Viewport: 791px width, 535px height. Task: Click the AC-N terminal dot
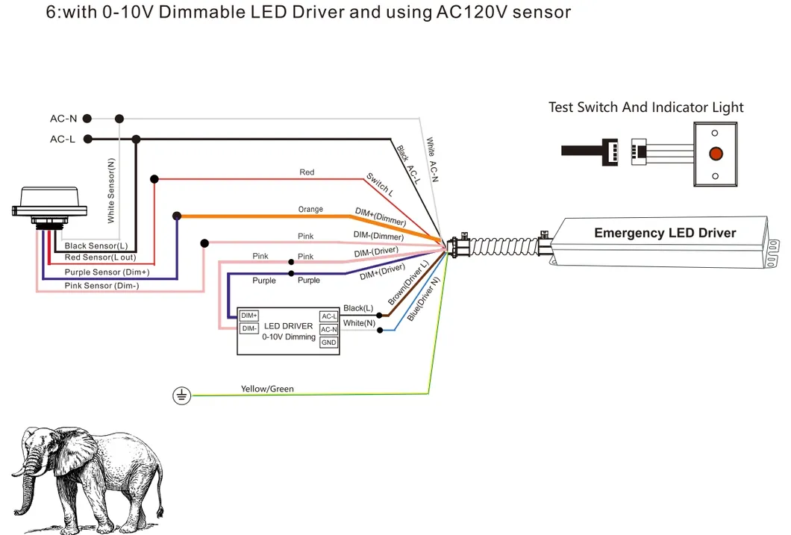point(87,119)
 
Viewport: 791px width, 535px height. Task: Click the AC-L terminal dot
point(87,139)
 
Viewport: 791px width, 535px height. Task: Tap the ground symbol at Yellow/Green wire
point(181,395)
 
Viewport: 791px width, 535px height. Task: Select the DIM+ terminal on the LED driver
point(249,316)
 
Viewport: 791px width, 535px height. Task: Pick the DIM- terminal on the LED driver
point(249,328)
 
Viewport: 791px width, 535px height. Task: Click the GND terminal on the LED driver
point(328,342)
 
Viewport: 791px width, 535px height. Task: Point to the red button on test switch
point(715,154)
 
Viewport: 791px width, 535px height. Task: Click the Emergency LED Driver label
point(664,234)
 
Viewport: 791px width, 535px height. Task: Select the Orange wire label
point(310,209)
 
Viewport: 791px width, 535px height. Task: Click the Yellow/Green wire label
point(267,389)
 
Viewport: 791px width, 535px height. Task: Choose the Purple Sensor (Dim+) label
point(107,272)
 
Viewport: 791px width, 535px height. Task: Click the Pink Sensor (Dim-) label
point(101,286)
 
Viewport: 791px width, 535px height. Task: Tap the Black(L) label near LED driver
point(358,308)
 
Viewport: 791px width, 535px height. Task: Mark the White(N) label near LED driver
point(358,323)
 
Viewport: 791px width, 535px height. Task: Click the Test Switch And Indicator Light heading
point(645,107)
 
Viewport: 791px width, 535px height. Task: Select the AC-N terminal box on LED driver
point(328,329)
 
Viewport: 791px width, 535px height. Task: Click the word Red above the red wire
point(307,172)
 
